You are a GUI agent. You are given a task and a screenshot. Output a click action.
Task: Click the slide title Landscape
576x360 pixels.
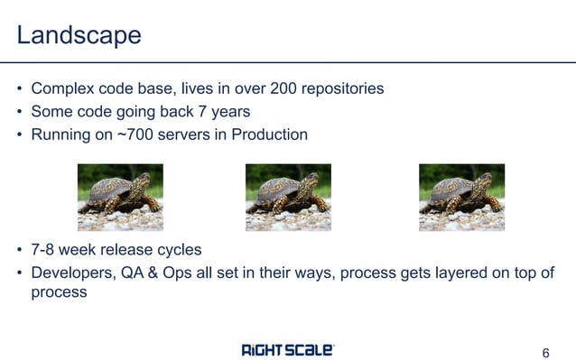[79, 35]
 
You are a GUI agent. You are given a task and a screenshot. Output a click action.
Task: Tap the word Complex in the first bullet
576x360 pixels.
[60, 89]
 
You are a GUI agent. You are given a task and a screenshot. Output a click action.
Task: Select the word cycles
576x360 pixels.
[179, 250]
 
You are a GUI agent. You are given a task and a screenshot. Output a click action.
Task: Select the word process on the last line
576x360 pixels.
[59, 293]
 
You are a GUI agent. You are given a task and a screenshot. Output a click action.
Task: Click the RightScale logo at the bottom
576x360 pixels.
[288, 349]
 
